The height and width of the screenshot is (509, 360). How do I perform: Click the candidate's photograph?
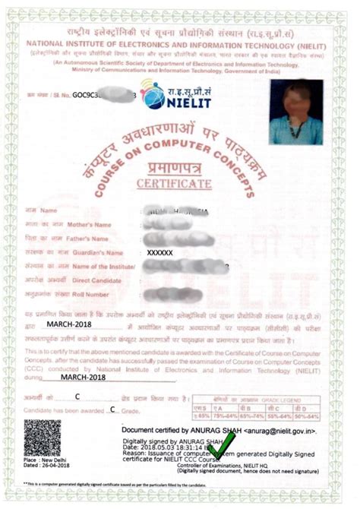pyautogui.click(x=295, y=111)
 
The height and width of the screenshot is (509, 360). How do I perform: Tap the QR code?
pyautogui.click(x=43, y=437)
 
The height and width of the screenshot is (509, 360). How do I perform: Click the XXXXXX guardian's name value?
pyautogui.click(x=159, y=251)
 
